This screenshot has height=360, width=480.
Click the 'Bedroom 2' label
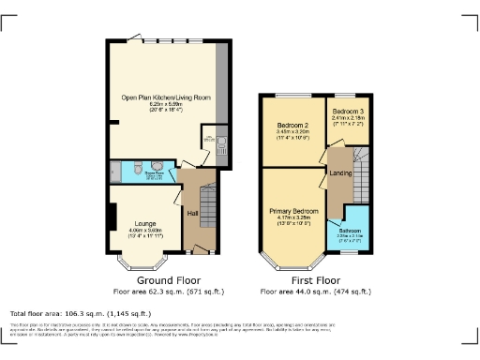tap(292, 125)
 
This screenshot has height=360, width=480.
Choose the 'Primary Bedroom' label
tap(294, 211)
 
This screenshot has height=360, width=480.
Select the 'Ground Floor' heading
tap(169, 280)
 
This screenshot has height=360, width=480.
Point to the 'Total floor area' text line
tap(80, 313)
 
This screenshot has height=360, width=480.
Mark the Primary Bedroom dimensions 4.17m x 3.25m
tap(294, 218)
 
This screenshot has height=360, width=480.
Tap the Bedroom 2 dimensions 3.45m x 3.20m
tap(292, 132)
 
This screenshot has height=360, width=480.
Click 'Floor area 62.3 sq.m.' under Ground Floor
tap(169, 292)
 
